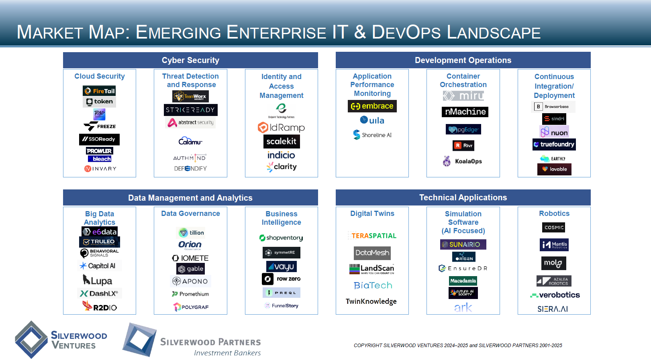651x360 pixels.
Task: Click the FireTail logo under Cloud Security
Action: point(99,91)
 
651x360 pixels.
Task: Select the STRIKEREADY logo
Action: point(190,110)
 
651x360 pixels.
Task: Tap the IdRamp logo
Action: point(281,128)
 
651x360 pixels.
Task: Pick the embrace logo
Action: point(372,106)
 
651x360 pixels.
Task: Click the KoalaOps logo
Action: point(463,161)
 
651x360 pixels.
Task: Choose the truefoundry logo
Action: point(554,144)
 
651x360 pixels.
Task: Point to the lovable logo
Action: point(554,169)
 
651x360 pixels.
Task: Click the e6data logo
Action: point(100,232)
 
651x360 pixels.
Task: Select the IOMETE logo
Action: point(190,258)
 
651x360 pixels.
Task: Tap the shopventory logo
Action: point(281,238)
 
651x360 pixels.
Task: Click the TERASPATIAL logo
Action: point(372,236)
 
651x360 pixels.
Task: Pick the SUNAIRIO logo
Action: point(463,244)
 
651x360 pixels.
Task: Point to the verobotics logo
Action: point(555,295)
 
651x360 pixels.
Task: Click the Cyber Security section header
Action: point(190,60)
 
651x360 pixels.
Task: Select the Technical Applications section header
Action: point(463,197)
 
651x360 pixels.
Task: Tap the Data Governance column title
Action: point(190,214)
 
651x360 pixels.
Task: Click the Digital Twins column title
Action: point(372,214)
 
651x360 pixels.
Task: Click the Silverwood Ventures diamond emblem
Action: point(31,340)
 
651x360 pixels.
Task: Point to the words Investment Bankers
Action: point(227,353)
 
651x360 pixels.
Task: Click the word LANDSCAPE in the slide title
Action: point(494,33)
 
